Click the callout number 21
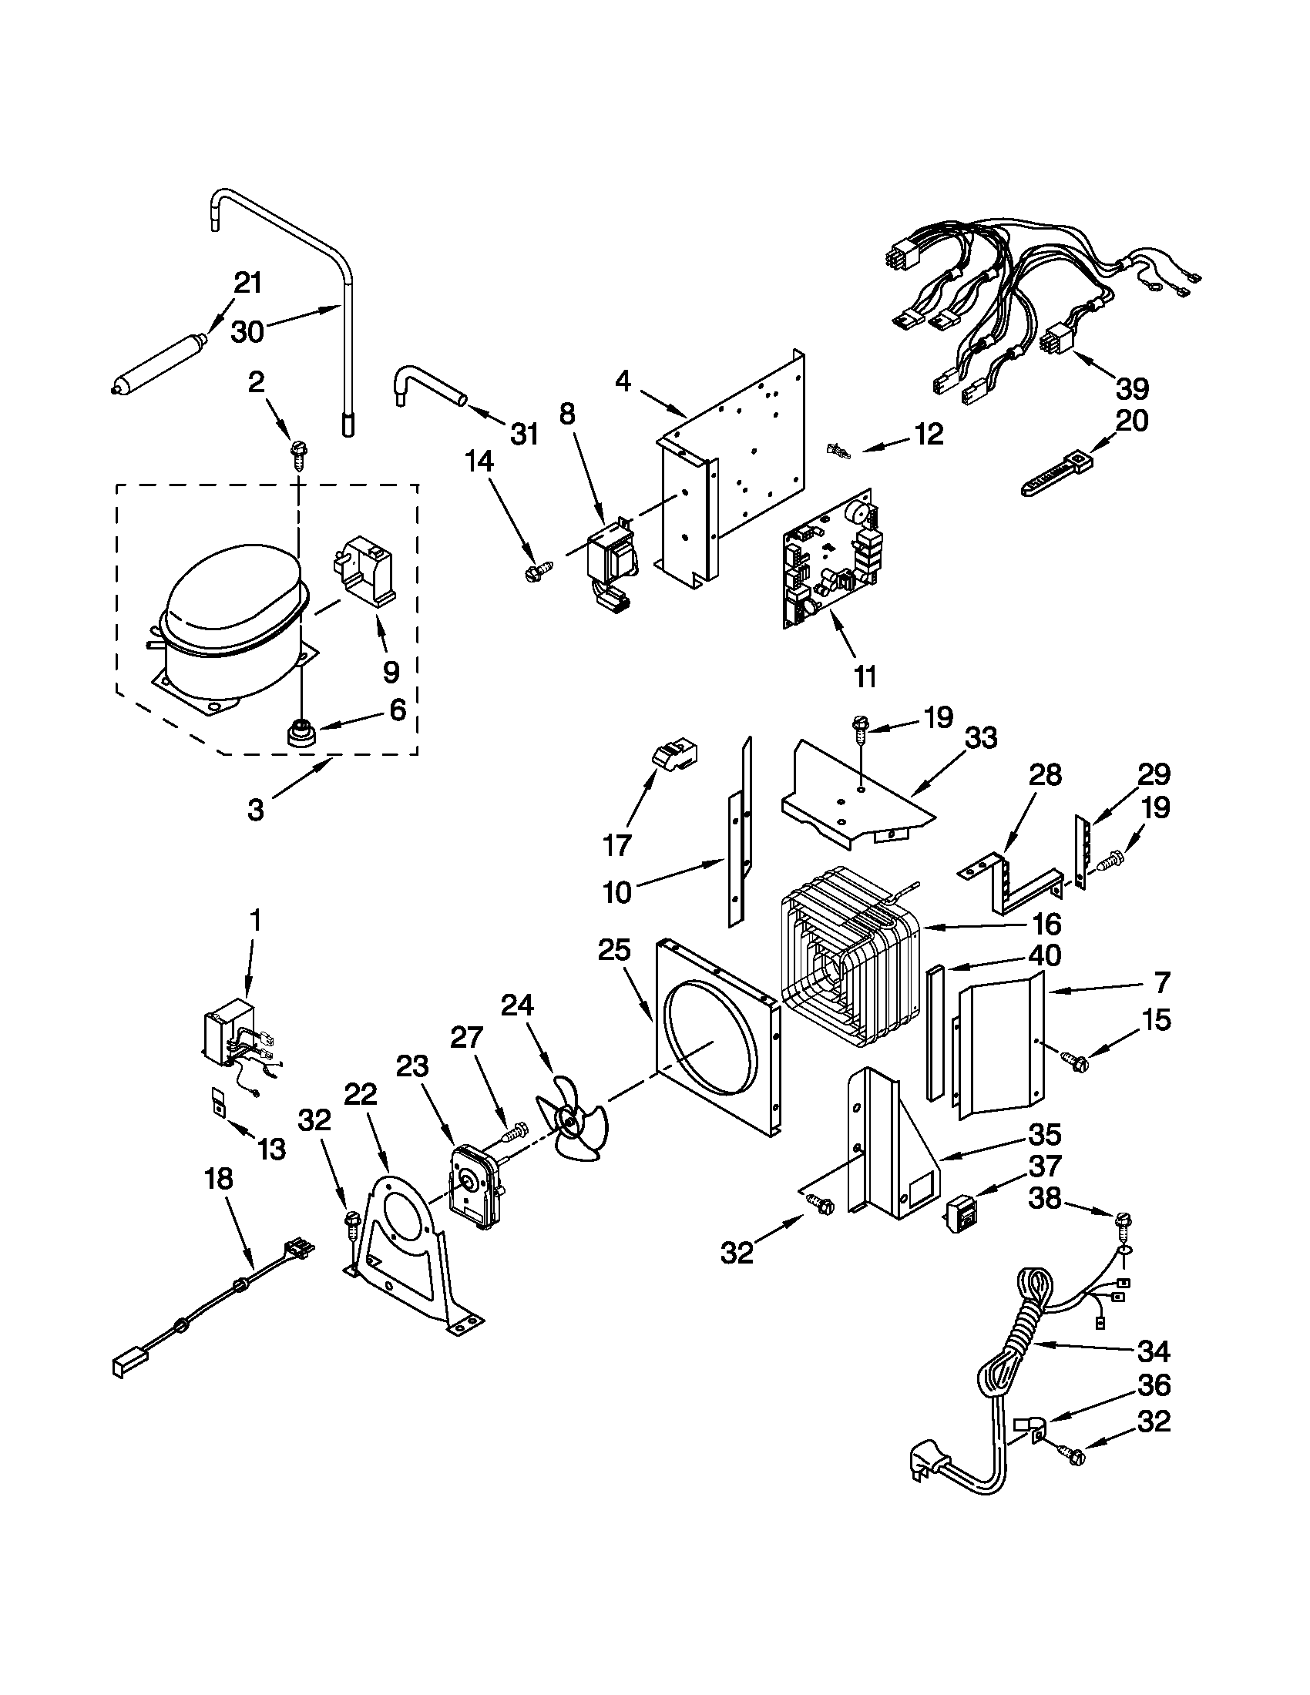click(x=247, y=283)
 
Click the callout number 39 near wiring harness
click(x=1130, y=388)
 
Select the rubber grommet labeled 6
click(x=298, y=733)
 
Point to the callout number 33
click(x=981, y=737)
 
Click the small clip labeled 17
click(x=675, y=752)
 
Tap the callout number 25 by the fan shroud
click(x=614, y=950)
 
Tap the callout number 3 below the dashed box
click(x=255, y=811)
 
